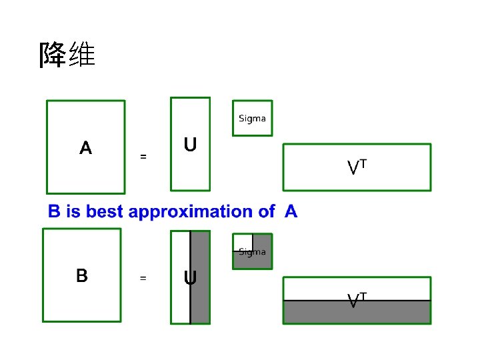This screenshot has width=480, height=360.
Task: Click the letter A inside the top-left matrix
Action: tap(85, 147)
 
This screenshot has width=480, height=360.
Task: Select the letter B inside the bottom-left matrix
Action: tap(81, 275)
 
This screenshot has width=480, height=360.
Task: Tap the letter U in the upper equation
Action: tap(190, 145)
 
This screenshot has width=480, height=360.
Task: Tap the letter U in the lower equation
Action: tap(190, 278)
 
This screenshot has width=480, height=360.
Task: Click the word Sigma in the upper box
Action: tap(252, 119)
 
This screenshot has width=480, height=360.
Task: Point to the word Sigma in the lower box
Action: tap(253, 252)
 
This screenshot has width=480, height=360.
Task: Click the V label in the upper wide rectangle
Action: tap(354, 168)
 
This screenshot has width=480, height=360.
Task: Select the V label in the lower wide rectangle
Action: tap(354, 301)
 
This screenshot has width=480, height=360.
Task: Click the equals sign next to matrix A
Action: tap(143, 157)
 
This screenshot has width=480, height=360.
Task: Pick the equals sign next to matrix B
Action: tap(143, 278)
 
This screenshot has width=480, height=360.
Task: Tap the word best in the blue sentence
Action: tap(103, 212)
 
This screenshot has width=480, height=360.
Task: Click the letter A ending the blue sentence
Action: tap(291, 212)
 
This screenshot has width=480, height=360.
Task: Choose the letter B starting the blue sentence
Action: tap(54, 212)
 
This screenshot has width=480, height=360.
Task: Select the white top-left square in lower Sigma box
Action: tap(242, 241)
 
